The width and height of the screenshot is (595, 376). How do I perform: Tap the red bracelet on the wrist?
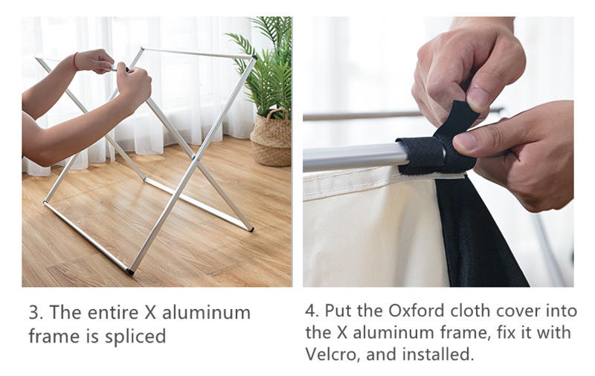click(76, 62)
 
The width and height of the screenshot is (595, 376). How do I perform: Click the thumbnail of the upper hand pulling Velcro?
click(477, 100)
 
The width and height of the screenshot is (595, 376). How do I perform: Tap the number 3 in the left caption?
click(35, 313)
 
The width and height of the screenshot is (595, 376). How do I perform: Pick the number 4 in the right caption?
click(311, 311)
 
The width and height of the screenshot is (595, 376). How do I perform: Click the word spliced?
click(135, 337)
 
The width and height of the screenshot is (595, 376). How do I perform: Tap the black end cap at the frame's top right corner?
click(254, 58)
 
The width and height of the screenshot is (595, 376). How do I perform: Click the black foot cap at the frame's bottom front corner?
click(129, 271)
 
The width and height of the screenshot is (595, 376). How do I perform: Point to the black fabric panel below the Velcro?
click(479, 231)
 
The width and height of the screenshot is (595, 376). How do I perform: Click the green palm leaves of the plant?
click(268, 65)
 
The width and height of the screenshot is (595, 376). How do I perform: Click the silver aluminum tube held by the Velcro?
click(355, 157)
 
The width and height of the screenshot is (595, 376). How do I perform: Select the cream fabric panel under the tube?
click(374, 231)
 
